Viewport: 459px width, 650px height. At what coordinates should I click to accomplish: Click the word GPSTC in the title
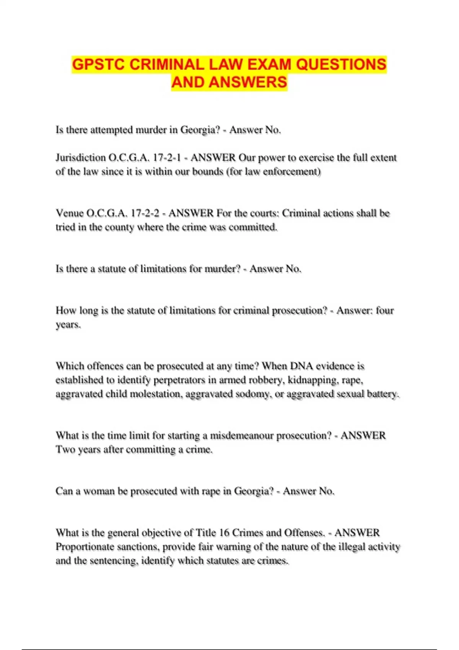click(x=99, y=64)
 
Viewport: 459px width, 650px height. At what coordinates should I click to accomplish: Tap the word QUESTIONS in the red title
click(x=341, y=64)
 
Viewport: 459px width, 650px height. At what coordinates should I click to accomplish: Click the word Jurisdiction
click(x=81, y=158)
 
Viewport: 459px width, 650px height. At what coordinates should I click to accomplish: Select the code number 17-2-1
click(x=166, y=158)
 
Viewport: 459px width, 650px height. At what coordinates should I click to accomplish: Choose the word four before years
click(x=384, y=310)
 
